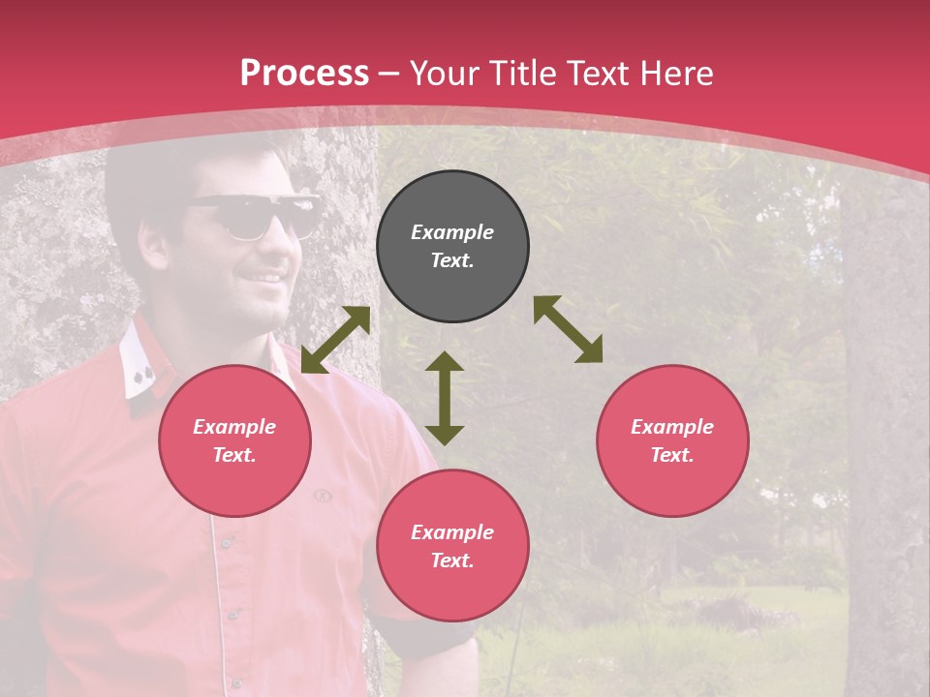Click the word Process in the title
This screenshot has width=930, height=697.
click(304, 74)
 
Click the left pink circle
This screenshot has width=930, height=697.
click(234, 440)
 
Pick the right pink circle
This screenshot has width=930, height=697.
click(672, 440)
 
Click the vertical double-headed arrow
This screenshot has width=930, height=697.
click(445, 398)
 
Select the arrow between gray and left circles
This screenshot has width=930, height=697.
click(335, 340)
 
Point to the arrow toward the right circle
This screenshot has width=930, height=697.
click(569, 329)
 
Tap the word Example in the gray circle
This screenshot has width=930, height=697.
click(452, 232)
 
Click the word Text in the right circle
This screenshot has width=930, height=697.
click(672, 455)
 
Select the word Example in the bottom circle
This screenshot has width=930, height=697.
click(452, 532)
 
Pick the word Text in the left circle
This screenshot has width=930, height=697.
click(234, 455)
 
